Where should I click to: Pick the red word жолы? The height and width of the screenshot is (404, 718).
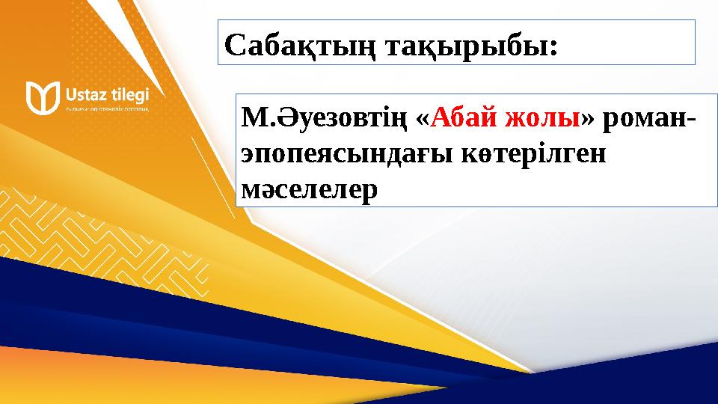coord(543,117)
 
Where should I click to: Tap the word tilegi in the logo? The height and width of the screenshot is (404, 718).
coord(128,94)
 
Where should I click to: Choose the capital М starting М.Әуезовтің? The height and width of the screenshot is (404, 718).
coord(251,118)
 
